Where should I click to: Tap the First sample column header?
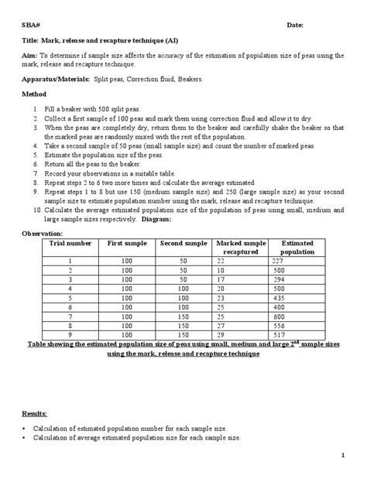pos(126,243)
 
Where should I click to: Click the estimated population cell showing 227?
pos(280,261)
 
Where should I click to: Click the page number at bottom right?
pos(341,475)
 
